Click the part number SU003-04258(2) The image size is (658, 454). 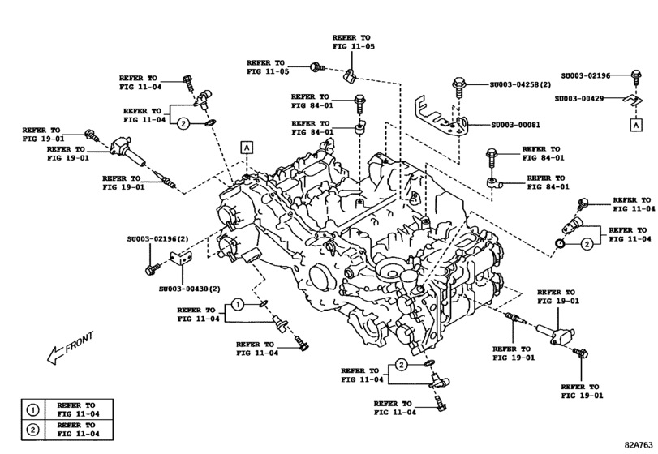pos(520,84)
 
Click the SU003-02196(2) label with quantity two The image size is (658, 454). pos(157,239)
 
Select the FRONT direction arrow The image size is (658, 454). pos(70,346)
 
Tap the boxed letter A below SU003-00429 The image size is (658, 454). pos(635,125)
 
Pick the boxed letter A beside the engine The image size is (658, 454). pos(245,147)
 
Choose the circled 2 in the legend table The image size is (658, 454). pos(32,429)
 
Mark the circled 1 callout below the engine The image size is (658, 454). pos(236,304)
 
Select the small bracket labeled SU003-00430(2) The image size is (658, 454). pos(179,261)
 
